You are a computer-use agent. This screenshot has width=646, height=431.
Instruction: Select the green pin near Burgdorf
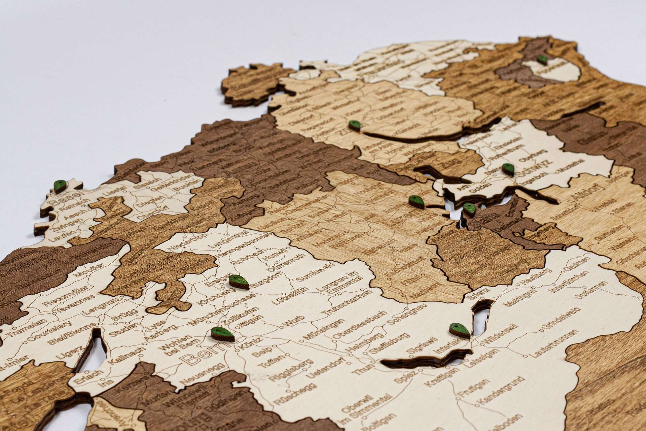pyautogui.click(x=239, y=281)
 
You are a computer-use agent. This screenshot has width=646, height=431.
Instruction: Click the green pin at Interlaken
pyautogui.click(x=460, y=330)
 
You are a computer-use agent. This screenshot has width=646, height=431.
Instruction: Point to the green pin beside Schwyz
pyautogui.click(x=508, y=169)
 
